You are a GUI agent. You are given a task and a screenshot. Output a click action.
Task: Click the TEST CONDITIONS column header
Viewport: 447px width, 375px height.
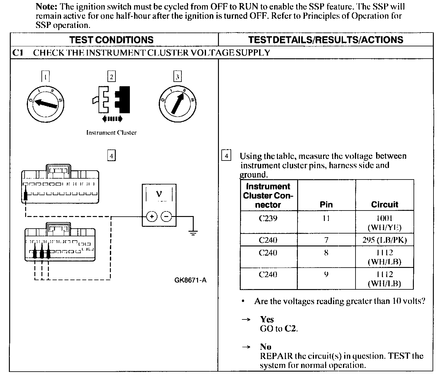111,40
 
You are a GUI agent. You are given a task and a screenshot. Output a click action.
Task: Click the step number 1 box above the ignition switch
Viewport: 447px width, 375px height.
45,76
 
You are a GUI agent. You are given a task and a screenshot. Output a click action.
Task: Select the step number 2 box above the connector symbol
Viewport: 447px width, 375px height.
111,76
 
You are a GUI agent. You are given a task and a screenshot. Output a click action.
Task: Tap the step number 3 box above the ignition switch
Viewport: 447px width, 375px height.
177,76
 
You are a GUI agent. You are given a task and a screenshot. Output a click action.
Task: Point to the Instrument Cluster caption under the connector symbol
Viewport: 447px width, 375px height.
111,133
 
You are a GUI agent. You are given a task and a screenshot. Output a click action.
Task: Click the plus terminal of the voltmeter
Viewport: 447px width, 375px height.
151,217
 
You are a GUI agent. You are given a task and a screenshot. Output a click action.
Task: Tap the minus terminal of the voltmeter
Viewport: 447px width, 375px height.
166,217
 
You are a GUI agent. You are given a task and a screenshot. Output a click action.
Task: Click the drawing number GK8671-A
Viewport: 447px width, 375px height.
190,280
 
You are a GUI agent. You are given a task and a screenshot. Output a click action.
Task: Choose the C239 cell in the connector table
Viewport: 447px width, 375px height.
268,218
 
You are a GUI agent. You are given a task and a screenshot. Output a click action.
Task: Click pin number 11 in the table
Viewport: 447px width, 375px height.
326,218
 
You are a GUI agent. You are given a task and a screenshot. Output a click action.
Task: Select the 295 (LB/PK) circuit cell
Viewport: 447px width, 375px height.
384,240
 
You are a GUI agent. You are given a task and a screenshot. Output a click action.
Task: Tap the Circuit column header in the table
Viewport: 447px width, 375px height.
384,204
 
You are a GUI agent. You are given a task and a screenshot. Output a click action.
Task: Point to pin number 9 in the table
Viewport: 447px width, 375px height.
326,274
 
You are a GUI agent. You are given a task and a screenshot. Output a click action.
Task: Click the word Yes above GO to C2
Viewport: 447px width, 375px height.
267,319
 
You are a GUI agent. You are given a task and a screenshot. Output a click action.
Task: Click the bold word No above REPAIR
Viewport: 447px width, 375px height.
266,347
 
